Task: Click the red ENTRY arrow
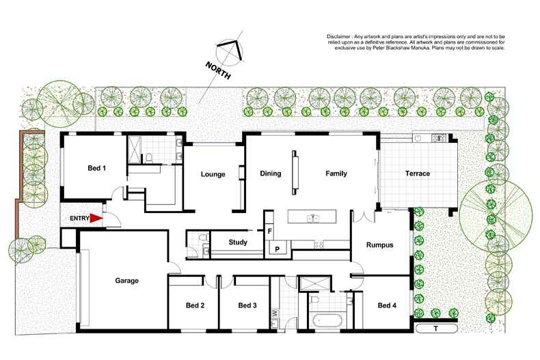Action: tap(97, 218)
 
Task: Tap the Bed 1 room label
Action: tap(96, 168)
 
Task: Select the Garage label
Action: tap(126, 281)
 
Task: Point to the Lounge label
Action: tap(213, 174)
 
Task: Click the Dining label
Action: tap(271, 174)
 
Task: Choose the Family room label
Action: tap(336, 174)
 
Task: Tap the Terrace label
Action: tap(417, 174)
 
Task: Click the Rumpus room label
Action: tap(379, 245)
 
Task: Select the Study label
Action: tap(238, 242)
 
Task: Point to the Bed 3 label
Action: tap(247, 305)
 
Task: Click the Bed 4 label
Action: tap(387, 305)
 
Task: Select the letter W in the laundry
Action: tap(275, 314)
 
